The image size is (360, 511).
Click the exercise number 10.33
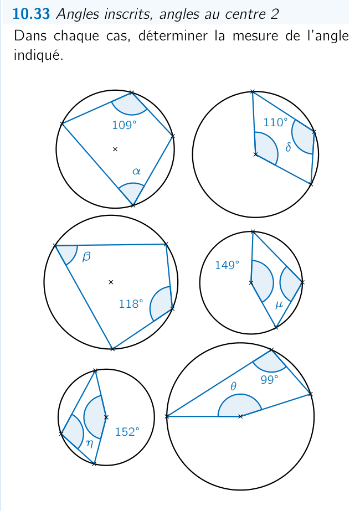[31, 14]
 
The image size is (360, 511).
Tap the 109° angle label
[124, 125]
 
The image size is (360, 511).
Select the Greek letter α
[136, 171]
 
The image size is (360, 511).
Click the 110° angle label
[276, 122]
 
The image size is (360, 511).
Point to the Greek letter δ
[288, 147]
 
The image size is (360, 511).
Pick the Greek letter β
[86, 257]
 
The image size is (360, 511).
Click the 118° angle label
[131, 304]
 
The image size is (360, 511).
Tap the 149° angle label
[227, 265]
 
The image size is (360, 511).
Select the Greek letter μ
[279, 305]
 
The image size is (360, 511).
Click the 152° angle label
[127, 432]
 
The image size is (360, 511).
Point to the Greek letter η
[89, 443]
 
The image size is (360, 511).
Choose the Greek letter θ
[233, 386]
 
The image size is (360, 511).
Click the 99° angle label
[269, 380]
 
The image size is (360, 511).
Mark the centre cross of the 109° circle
[115, 149]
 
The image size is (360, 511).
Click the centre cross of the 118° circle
[111, 282]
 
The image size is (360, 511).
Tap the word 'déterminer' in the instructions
[173, 36]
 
